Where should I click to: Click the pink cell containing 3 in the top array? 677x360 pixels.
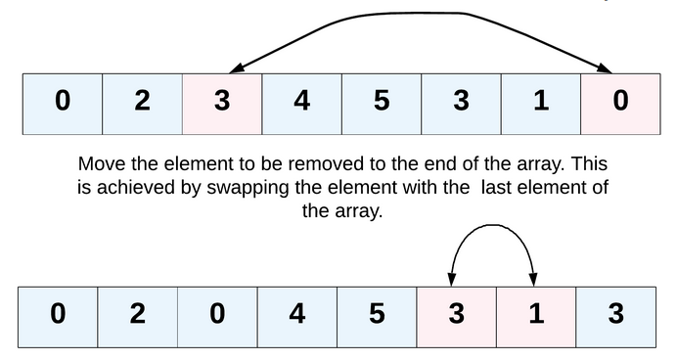coord(222,102)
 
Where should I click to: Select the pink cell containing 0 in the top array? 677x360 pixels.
coord(620,102)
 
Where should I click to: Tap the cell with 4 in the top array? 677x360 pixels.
coord(301,102)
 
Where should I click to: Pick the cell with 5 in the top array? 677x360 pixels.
coord(381,102)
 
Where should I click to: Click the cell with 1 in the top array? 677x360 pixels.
coord(540,102)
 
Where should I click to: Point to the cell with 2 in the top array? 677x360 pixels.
coord(142,102)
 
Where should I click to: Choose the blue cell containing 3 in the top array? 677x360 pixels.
coord(461,102)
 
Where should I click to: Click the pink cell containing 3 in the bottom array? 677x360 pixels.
coord(456,315)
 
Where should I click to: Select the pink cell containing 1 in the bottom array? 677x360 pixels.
coord(535,315)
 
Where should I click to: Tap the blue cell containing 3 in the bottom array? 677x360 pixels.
coord(615,315)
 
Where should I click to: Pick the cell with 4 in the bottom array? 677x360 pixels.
coord(296,315)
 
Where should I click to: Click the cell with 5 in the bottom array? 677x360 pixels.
coord(377,315)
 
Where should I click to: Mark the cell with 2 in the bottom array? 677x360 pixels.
coord(137,315)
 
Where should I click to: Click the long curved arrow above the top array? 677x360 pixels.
coord(421,15)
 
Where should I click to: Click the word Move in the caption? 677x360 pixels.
coord(102,163)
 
